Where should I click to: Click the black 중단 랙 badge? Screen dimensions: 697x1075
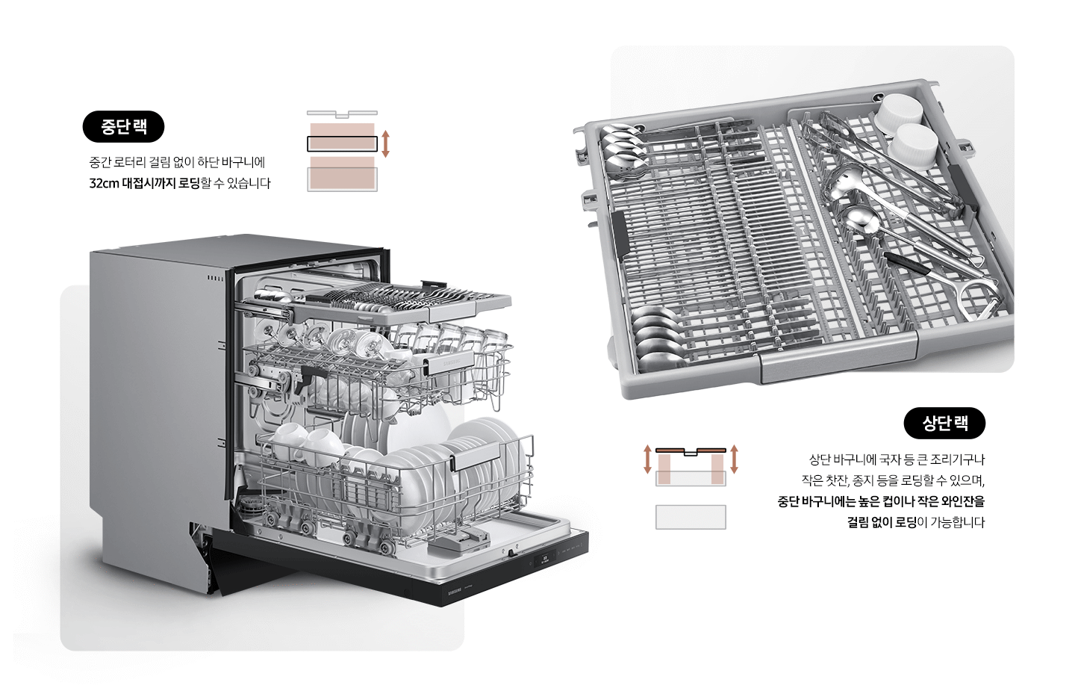[x=123, y=127]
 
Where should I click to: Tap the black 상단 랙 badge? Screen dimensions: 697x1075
[x=944, y=424]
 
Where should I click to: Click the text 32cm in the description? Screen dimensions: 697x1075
[x=104, y=183]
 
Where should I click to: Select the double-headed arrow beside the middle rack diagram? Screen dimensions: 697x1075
[x=385, y=143]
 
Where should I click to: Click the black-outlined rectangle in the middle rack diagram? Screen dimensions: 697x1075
[x=342, y=143]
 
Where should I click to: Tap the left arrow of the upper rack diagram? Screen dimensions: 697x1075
[x=647, y=459]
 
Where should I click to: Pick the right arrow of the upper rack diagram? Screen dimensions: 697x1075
[x=735, y=459]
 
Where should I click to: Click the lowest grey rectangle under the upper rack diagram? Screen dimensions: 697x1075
[x=691, y=517]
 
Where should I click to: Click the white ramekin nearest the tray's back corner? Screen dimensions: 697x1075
[x=900, y=112]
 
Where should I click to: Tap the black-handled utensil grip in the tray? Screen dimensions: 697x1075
[x=907, y=264]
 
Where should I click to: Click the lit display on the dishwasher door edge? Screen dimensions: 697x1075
[x=545, y=558]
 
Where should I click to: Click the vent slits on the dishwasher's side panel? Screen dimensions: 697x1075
[x=215, y=278]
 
